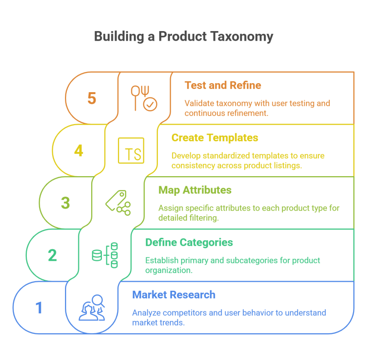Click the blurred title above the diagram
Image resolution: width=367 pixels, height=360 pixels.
[x=184, y=38]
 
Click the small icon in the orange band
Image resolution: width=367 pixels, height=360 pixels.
[x=136, y=98]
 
